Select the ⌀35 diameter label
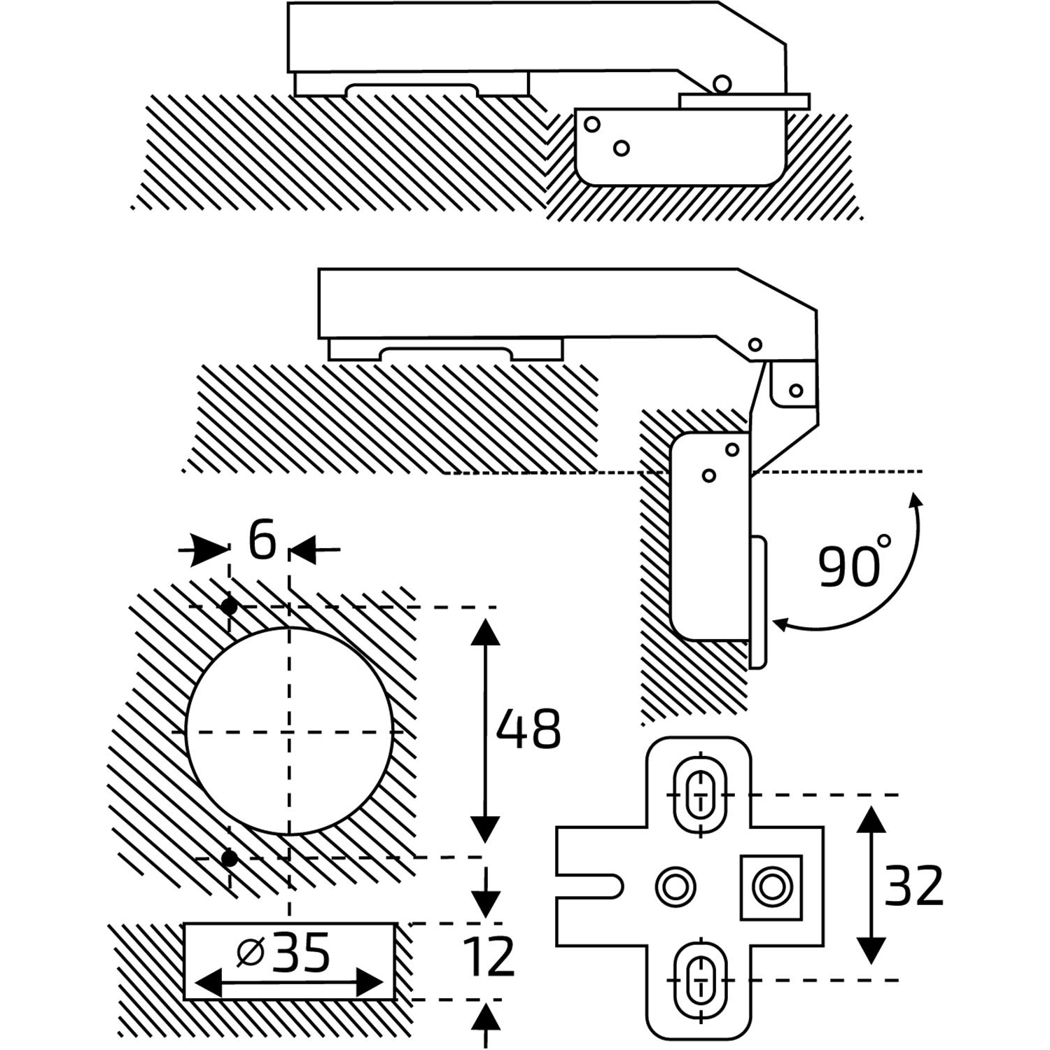coord(283,954)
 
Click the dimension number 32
coord(914,886)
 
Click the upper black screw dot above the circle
coord(229,606)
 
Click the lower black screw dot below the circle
coord(229,858)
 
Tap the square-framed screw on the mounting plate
coord(771,887)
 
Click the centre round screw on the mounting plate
coord(675,887)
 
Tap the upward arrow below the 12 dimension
coord(485,1018)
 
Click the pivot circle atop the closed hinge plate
coord(722,84)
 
